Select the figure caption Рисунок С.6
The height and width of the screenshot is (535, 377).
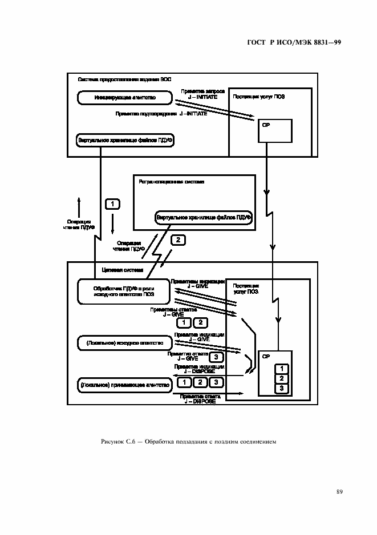(x=188, y=440)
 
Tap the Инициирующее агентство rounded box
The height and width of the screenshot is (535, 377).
(x=124, y=99)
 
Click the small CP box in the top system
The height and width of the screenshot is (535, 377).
(x=274, y=130)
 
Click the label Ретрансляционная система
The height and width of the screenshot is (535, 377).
(x=172, y=182)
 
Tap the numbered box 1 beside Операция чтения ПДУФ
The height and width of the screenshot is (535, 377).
(x=112, y=204)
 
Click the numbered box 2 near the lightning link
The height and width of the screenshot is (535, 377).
(x=178, y=240)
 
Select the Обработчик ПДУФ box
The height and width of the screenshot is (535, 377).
(x=123, y=292)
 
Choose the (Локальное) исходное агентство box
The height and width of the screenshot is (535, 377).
(x=124, y=343)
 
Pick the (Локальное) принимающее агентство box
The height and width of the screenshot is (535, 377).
(x=124, y=386)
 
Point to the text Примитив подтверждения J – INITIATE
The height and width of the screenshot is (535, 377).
(x=161, y=114)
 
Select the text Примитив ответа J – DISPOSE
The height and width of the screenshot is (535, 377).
(x=197, y=398)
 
